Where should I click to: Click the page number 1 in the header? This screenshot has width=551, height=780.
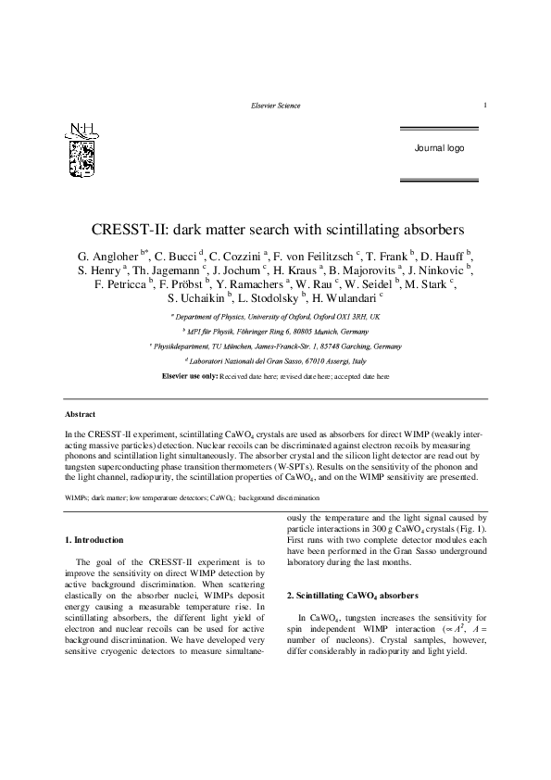[485, 106]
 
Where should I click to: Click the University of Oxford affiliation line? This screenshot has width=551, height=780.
[277, 317]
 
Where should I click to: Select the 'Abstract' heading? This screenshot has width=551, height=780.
[81, 413]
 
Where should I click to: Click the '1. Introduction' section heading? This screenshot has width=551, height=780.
[98, 538]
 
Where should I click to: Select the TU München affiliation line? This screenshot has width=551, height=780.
[277, 346]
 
